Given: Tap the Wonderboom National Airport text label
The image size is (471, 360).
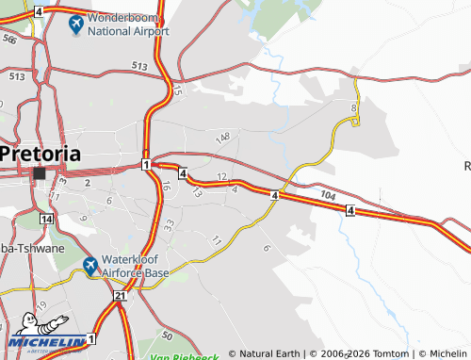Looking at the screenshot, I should point(128,24).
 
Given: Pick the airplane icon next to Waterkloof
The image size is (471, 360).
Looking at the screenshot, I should point(89,267).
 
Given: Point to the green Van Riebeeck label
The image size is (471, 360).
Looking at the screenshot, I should point(184,356).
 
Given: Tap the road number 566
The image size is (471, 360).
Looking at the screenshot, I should point(8,40).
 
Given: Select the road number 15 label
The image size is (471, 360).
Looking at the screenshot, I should point(177,91).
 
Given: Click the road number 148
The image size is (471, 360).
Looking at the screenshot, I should point(222,139).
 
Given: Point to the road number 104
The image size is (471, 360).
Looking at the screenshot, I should point(327,193).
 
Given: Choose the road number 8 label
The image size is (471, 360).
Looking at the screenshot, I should point(353,109).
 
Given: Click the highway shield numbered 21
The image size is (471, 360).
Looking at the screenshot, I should point(120,296).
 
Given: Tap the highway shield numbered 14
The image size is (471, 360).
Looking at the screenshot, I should point(47,218).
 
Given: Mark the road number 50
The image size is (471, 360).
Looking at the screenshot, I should point(167,335).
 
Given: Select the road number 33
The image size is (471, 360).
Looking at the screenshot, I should point(169,225).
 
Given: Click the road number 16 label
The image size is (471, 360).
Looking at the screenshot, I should point(165,187).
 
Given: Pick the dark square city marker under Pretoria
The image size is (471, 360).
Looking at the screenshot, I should point(40,173).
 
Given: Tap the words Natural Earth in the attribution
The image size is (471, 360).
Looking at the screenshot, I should point(269,353).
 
